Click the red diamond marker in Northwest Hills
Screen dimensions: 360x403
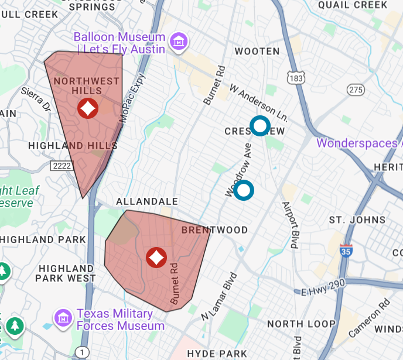88,108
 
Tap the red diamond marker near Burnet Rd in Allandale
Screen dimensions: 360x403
156,257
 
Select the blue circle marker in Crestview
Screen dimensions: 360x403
259,126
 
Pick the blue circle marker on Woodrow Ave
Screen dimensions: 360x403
244,190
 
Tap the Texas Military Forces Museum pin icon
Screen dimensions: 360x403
63,318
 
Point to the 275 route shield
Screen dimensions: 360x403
356,90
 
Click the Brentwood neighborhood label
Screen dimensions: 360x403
214,230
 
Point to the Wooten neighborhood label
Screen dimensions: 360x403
257,52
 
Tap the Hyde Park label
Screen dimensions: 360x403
217,353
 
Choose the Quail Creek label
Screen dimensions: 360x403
353,5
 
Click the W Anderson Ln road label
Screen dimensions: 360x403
259,101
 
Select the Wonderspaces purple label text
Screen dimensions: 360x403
359,143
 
